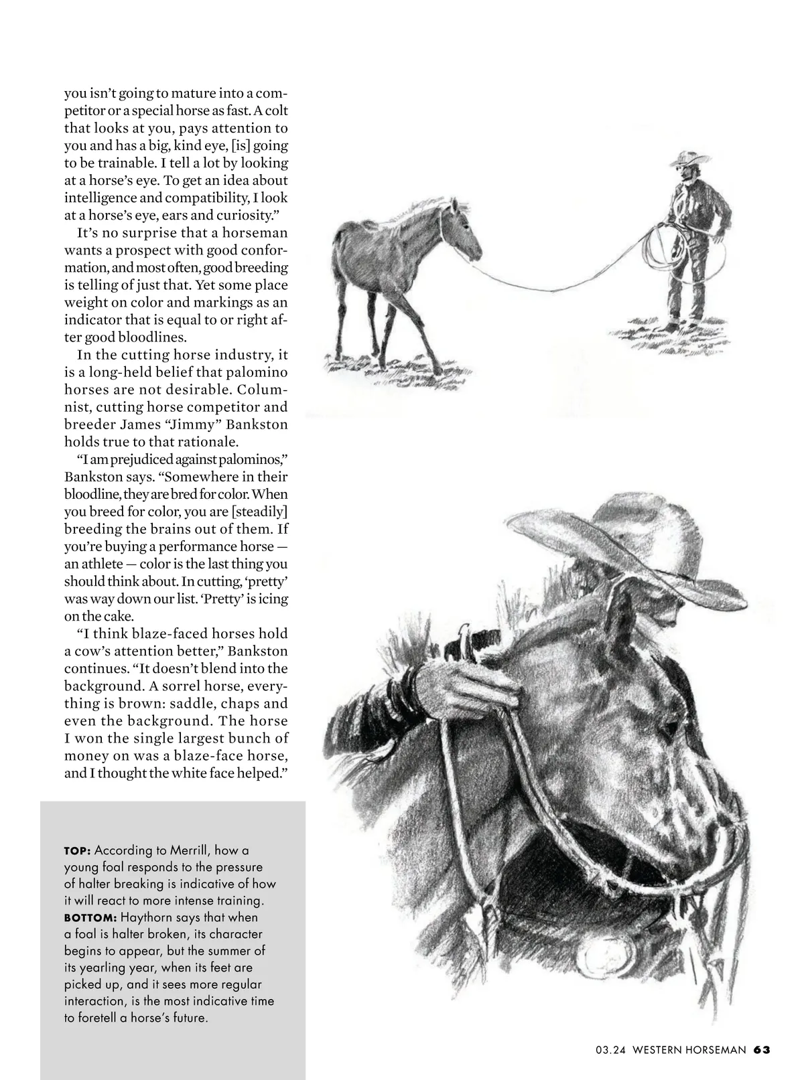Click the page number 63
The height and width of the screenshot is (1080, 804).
pyautogui.click(x=761, y=1050)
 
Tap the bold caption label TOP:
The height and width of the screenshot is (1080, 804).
pyautogui.click(x=78, y=851)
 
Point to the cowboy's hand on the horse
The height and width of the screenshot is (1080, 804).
pyautogui.click(x=462, y=686)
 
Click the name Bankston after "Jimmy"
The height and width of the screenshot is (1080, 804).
pyautogui.click(x=257, y=425)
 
